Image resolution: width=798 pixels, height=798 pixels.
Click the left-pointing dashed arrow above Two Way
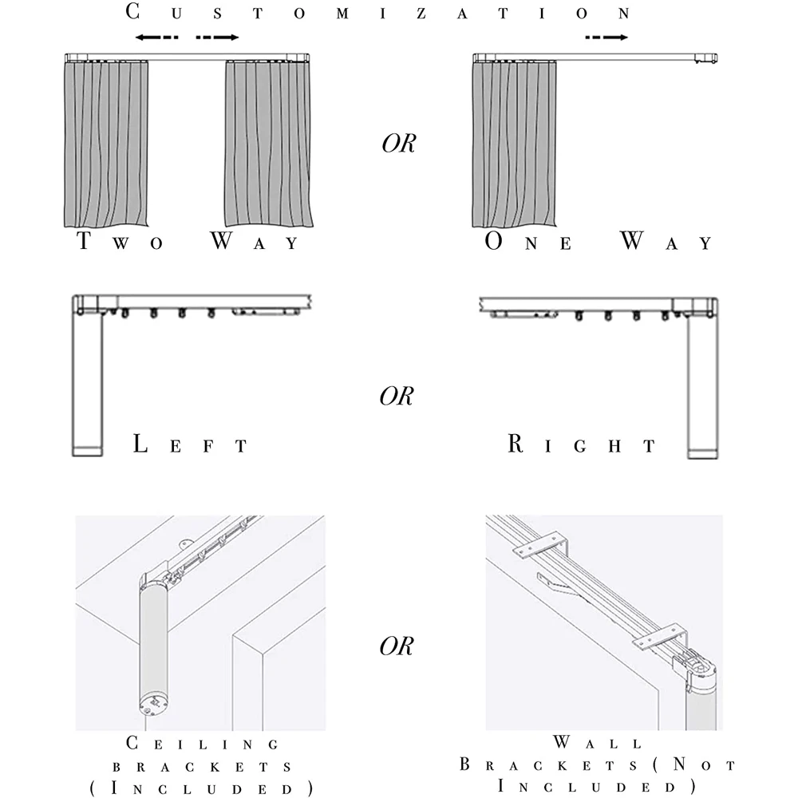click(x=156, y=38)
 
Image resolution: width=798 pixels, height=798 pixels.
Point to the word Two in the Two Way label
click(x=120, y=242)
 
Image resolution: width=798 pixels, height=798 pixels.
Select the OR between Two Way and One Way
click(x=397, y=145)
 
